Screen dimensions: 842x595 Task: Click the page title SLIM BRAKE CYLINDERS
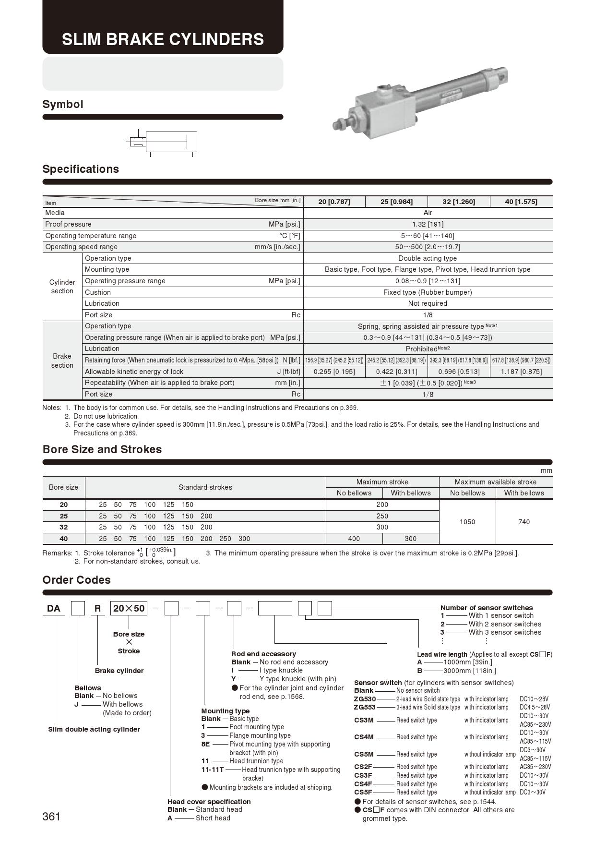coord(163,39)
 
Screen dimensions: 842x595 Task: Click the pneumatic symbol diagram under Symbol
coord(163,142)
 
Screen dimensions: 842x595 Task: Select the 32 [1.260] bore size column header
coord(459,202)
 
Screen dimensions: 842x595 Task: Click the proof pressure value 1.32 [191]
coord(428,224)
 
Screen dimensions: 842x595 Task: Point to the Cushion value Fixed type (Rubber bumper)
coord(428,292)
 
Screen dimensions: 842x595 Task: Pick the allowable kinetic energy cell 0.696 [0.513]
coord(459,372)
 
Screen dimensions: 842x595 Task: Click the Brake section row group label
coord(62,361)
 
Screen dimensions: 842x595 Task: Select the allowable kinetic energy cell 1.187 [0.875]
coord(521,372)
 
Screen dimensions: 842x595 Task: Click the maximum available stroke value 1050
coord(467,522)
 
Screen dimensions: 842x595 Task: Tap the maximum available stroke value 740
coord(524,522)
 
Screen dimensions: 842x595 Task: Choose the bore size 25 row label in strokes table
coord(64,516)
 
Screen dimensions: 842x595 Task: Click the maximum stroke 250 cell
coord(382,516)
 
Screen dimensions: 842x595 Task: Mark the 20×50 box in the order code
coord(129,609)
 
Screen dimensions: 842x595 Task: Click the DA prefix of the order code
coord(54,609)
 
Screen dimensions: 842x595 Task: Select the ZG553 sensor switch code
coord(365,707)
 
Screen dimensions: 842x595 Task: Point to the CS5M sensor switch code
coord(364,754)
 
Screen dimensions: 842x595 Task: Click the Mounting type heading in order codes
coord(226,711)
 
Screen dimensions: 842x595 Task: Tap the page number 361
coord(51,817)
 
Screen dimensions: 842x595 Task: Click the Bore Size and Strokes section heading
coord(102,449)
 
